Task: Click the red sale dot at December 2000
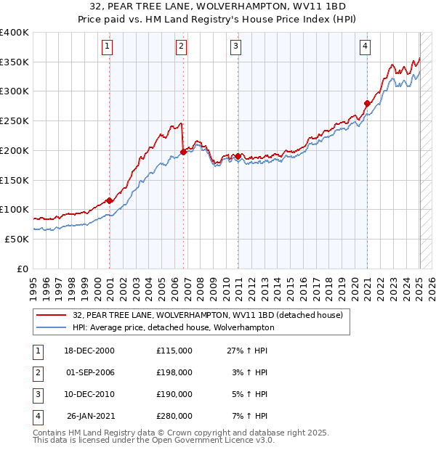[x=109, y=200]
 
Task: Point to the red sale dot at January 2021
[x=367, y=103]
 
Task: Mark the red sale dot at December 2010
[x=238, y=156]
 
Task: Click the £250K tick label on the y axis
[x=15, y=121]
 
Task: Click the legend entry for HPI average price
[x=173, y=327]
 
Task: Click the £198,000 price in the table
[x=174, y=372]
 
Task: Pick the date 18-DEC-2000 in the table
[x=89, y=351]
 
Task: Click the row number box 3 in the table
[x=37, y=394]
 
